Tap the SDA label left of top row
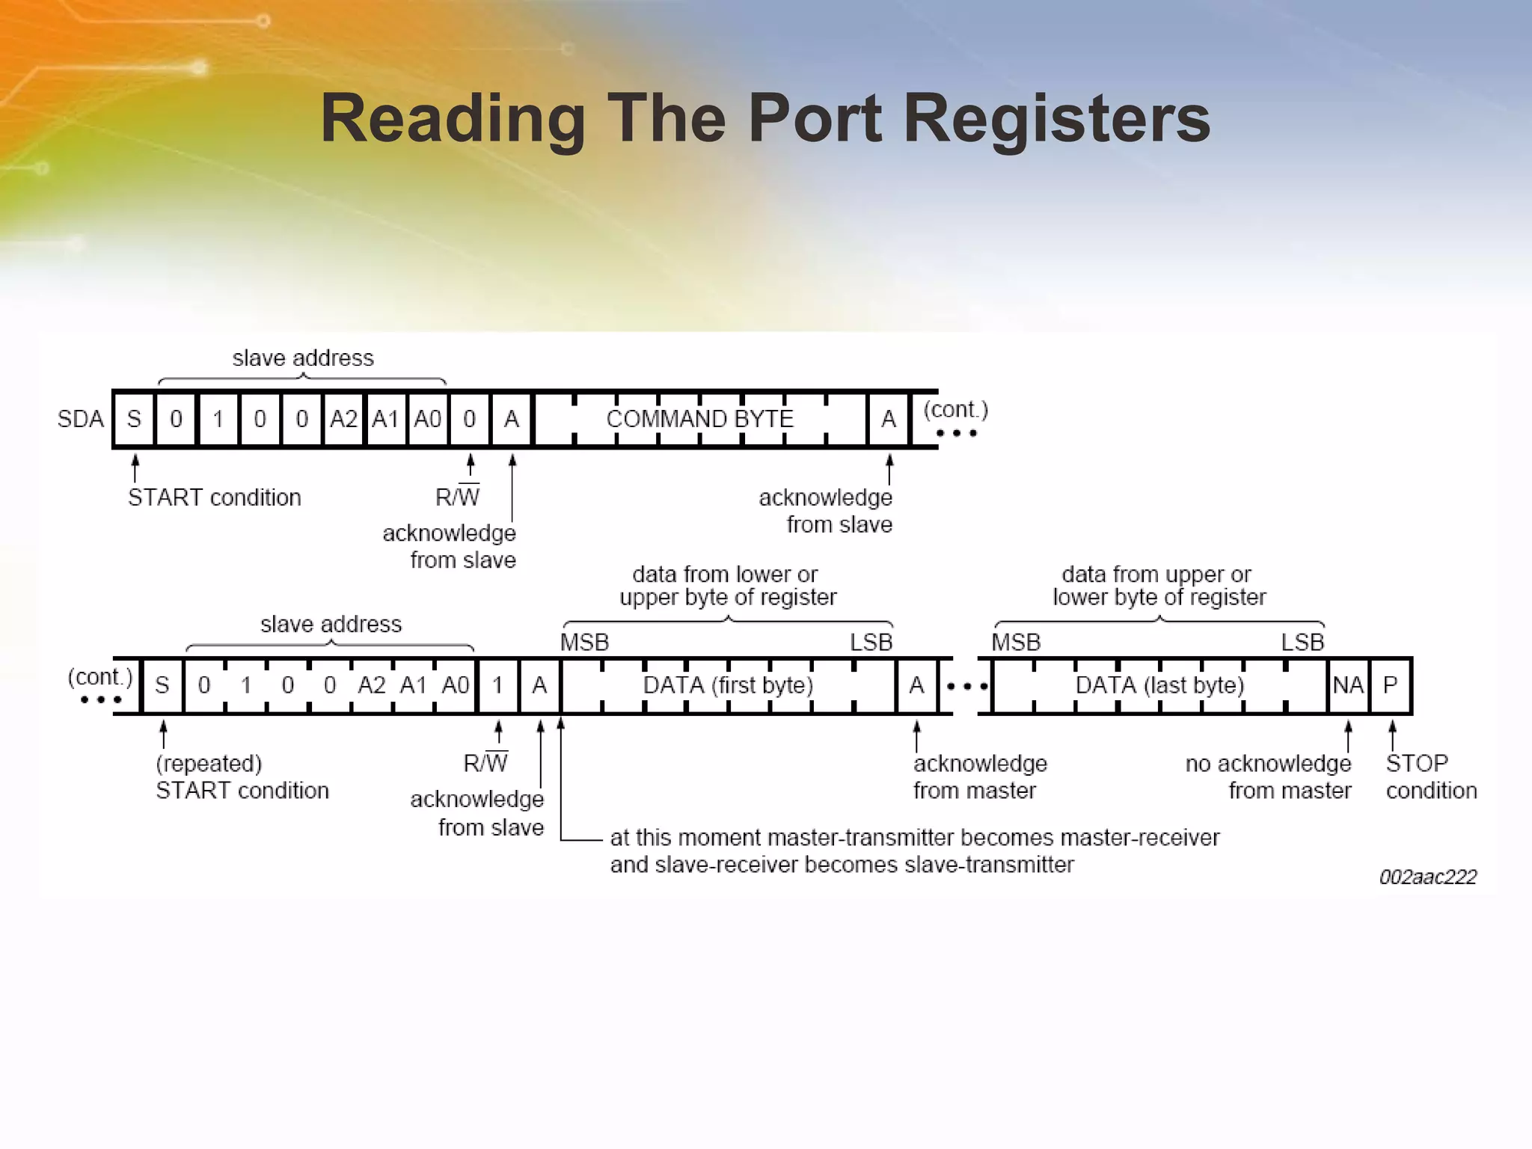pyautogui.click(x=80, y=419)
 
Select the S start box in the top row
pyautogui.click(x=135, y=419)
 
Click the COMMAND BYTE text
pyautogui.click(x=699, y=419)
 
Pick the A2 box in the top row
pyautogui.click(x=343, y=419)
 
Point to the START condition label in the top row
pyautogui.click(x=214, y=497)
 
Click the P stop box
pyautogui.click(x=1390, y=685)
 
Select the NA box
pyautogui.click(x=1348, y=685)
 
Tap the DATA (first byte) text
pyautogui.click(x=728, y=685)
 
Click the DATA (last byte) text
pyautogui.click(x=1159, y=685)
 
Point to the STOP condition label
pyautogui.click(x=1430, y=776)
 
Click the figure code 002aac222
pyautogui.click(x=1427, y=877)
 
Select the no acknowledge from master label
pyautogui.click(x=1269, y=776)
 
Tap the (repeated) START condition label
pyautogui.click(x=242, y=776)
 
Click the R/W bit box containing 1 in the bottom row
pyautogui.click(x=497, y=685)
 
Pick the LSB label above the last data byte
pyautogui.click(x=1302, y=643)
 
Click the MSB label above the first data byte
pyautogui.click(x=584, y=643)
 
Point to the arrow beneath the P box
pyautogui.click(x=1392, y=735)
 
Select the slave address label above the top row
pyautogui.click(x=303, y=358)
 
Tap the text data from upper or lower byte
pyautogui.click(x=1158, y=586)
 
